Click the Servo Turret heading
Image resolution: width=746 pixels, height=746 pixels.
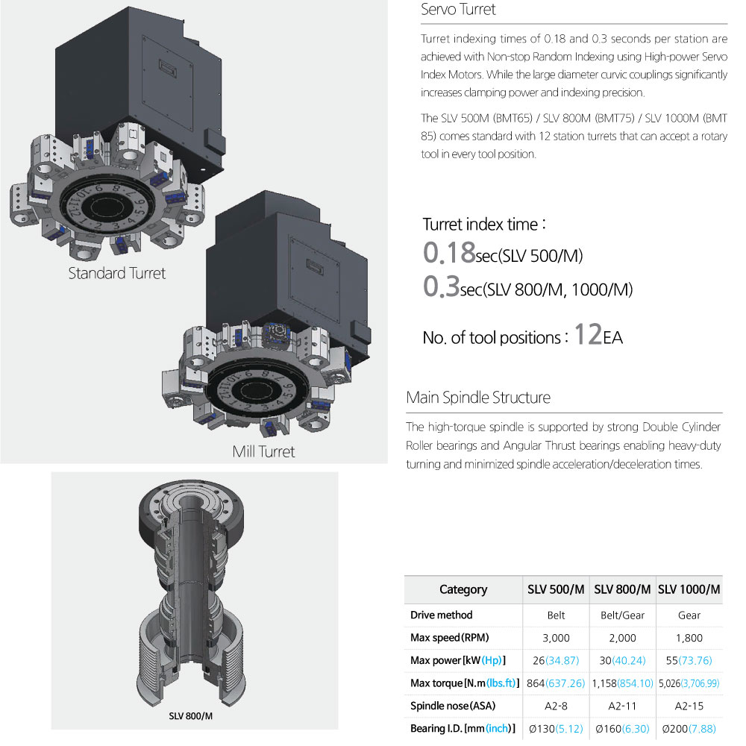(x=458, y=10)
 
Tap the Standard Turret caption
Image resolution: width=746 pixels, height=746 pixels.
(x=117, y=273)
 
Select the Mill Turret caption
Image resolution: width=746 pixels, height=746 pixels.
(x=263, y=451)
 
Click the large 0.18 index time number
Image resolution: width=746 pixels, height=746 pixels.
(x=449, y=252)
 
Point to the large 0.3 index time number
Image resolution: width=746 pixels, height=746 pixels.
(x=441, y=286)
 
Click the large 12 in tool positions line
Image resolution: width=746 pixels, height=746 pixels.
(x=588, y=334)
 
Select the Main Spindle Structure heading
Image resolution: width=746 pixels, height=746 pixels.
(x=478, y=398)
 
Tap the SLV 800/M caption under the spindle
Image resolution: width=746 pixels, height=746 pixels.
(x=190, y=716)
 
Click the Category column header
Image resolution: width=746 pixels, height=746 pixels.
(x=463, y=589)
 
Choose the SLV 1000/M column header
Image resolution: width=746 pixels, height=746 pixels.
(x=689, y=589)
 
